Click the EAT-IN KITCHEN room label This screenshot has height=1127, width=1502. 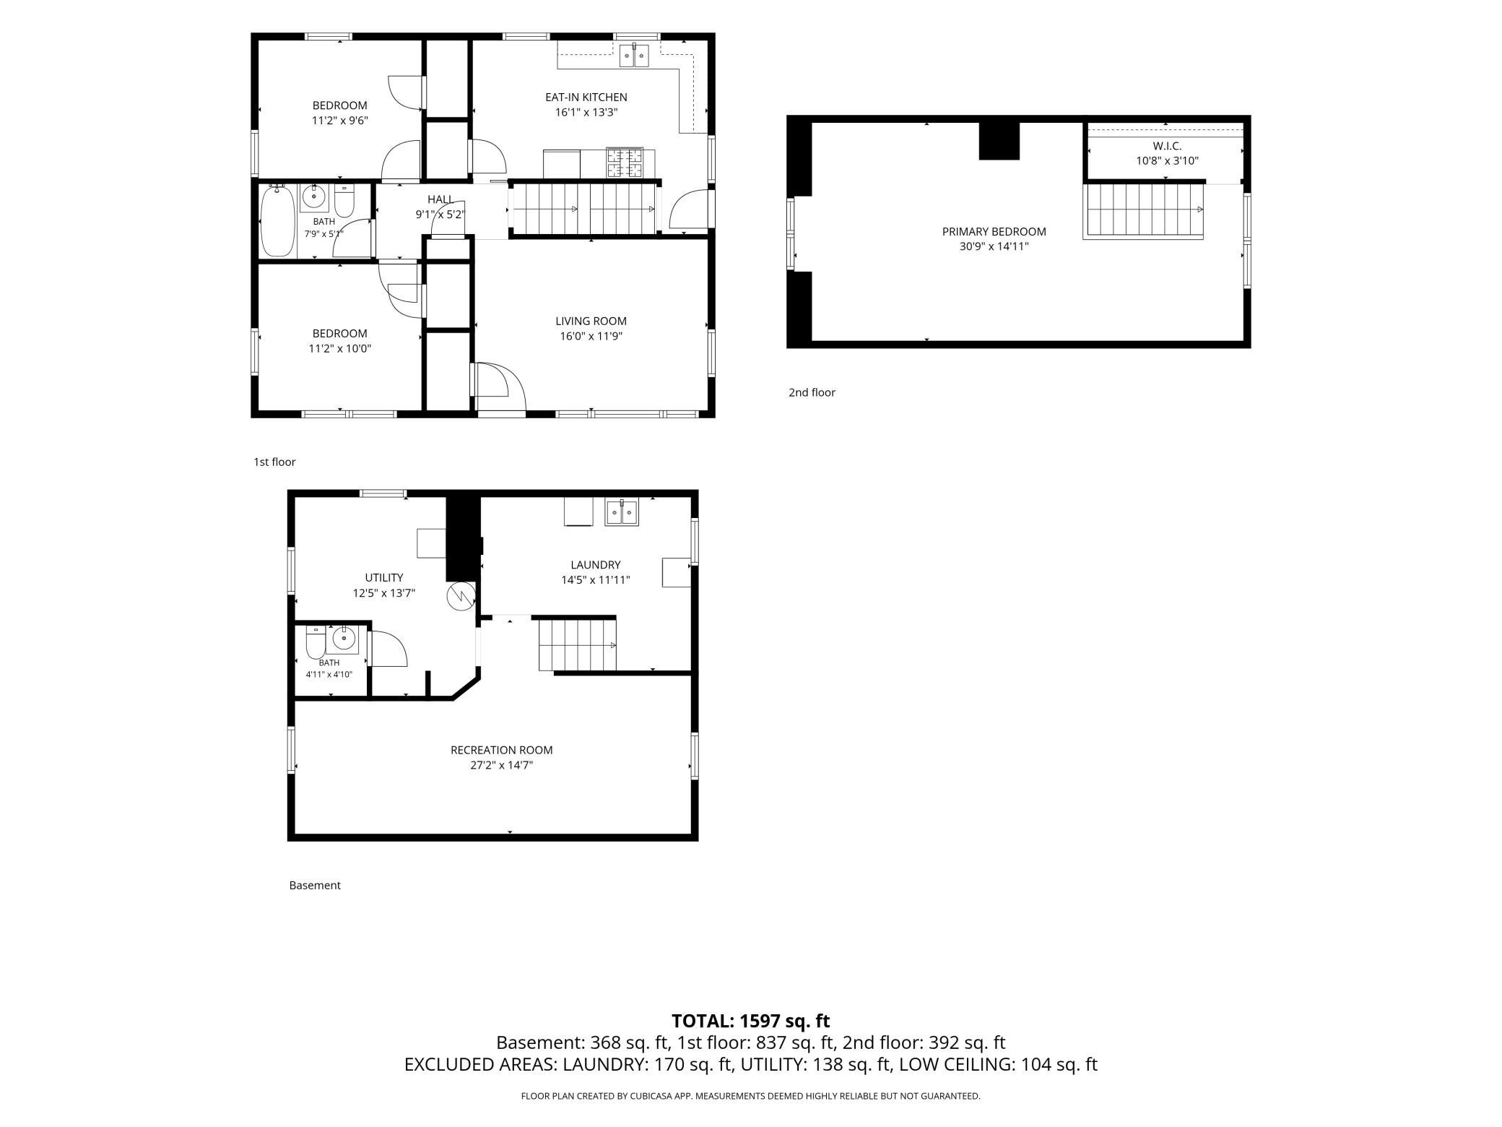586,97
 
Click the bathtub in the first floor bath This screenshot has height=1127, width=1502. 278,220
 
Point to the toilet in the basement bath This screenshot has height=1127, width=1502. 315,642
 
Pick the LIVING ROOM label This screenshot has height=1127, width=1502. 591,321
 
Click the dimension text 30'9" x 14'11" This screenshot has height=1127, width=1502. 994,246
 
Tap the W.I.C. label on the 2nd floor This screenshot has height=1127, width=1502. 1167,146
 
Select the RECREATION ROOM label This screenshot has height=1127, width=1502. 501,750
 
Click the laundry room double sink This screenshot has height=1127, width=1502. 621,512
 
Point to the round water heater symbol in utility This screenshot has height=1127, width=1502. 460,596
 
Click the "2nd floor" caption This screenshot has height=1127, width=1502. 812,392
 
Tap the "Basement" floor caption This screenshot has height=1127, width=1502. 315,885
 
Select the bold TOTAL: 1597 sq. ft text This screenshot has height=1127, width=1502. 750,1021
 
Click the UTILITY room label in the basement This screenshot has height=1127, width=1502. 383,577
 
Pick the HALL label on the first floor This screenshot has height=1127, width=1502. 440,199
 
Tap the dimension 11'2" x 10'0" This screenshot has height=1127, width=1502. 339,348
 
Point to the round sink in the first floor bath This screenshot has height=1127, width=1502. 313,196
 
